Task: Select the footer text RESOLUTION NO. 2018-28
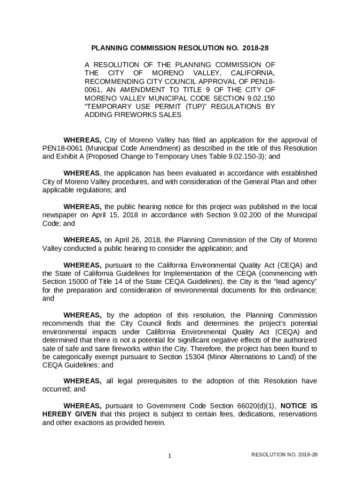coord(285,455)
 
